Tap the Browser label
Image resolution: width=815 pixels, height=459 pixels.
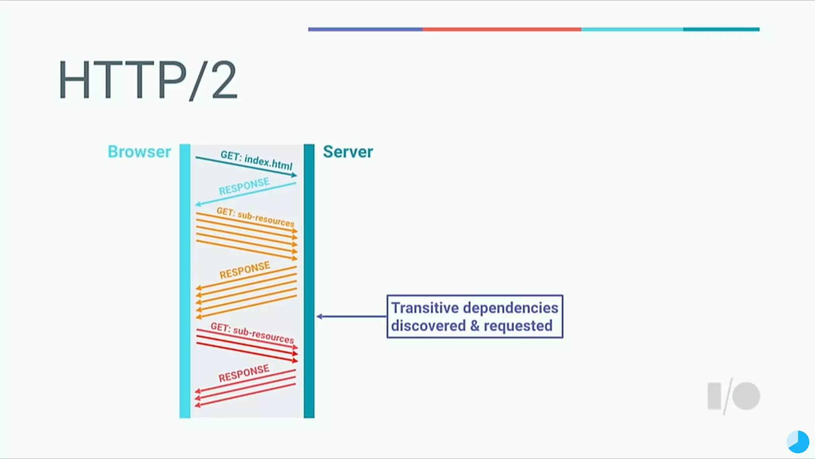point(139,152)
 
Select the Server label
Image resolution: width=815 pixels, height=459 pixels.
point(348,152)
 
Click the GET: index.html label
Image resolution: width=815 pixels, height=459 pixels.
point(256,160)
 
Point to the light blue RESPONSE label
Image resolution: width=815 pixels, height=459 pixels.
point(244,186)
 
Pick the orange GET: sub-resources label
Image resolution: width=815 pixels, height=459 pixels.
point(255,217)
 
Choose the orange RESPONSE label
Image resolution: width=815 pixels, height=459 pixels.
point(245,270)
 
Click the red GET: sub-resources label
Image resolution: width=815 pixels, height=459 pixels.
point(252,333)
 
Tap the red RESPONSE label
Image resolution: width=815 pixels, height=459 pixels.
point(244,373)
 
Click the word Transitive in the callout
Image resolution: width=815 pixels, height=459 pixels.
point(425,308)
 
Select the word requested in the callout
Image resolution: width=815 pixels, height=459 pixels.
point(518,326)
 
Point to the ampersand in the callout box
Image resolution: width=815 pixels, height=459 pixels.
point(475,326)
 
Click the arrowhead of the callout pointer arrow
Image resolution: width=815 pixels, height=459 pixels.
point(319,317)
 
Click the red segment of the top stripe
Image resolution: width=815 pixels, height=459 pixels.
point(501,29)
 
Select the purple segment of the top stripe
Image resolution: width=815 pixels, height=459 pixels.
point(365,29)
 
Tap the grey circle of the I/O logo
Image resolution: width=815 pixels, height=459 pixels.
point(746,396)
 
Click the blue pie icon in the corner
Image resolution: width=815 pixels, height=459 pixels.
point(798,442)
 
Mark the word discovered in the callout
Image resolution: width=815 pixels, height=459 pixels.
point(428,326)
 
